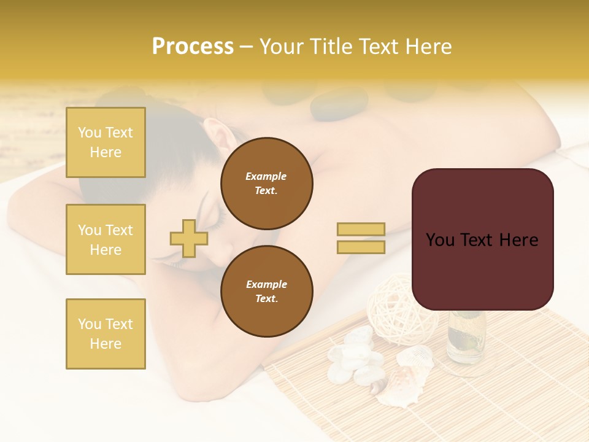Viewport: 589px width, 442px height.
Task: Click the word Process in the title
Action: click(x=193, y=47)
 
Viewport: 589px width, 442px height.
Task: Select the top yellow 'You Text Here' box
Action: click(x=106, y=142)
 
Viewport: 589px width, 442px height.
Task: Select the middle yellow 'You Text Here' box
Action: click(x=106, y=239)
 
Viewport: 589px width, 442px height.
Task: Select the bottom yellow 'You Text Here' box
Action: click(x=106, y=333)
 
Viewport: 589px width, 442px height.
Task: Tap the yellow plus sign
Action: click(x=189, y=238)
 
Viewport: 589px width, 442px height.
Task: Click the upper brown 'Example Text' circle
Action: click(x=266, y=184)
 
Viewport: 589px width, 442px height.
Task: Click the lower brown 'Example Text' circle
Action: click(x=266, y=291)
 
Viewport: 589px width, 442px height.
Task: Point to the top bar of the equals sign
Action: click(x=361, y=230)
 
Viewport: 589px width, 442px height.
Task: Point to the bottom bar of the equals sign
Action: click(x=361, y=247)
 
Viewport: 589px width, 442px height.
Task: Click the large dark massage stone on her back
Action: click(x=339, y=104)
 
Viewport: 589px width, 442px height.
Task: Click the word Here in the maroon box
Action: click(x=518, y=239)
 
